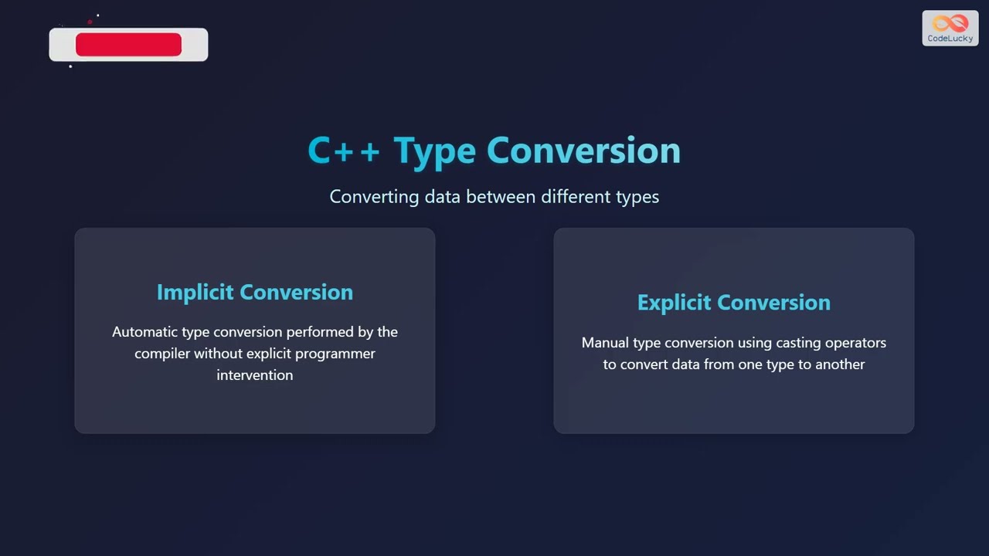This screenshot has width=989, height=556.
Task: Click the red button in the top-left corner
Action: pyautogui.click(x=128, y=45)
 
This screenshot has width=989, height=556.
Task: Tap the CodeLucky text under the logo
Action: pyautogui.click(x=950, y=39)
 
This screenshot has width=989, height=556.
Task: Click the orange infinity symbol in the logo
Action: pyautogui.click(x=950, y=23)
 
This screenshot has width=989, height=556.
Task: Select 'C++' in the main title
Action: pyautogui.click(x=343, y=151)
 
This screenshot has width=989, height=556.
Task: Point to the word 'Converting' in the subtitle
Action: pyautogui.click(x=374, y=197)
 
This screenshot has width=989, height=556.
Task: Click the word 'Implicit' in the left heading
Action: pyautogui.click(x=195, y=292)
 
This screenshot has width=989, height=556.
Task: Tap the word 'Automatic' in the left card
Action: pyautogui.click(x=144, y=332)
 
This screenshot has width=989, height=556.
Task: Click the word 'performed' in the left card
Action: pyautogui.click(x=318, y=332)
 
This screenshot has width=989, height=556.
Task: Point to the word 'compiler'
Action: pyautogui.click(x=162, y=354)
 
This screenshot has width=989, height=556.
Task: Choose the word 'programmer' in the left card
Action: pyautogui.click(x=337, y=354)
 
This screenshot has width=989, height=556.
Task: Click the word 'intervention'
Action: pyautogui.click(x=254, y=375)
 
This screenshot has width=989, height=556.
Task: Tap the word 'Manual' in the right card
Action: pyautogui.click(x=605, y=343)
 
